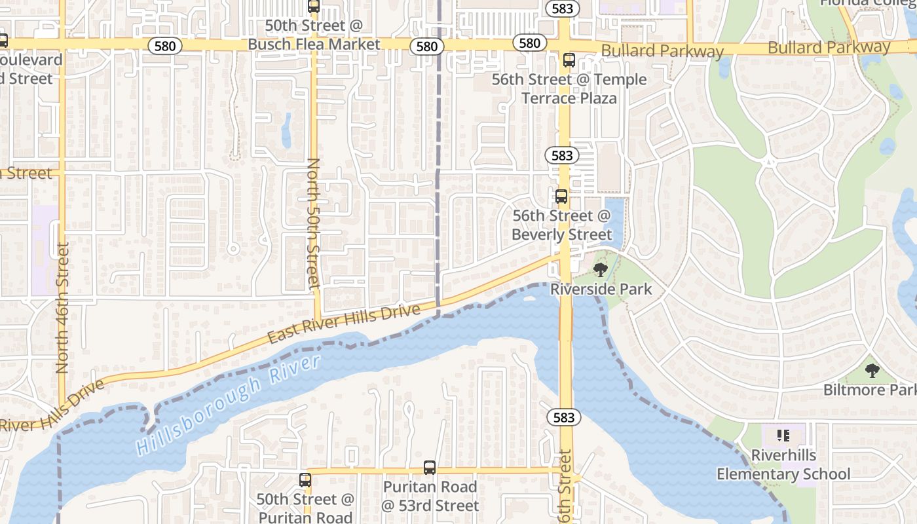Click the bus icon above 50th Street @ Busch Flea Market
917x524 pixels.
314,7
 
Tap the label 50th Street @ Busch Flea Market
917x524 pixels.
314,35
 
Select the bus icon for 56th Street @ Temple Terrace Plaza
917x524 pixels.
569,60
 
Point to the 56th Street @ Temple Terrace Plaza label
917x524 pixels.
569,89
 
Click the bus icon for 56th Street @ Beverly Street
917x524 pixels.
561,196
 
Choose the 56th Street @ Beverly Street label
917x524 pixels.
561,225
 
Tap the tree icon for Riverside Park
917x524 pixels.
600,269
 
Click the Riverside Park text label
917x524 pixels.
601,289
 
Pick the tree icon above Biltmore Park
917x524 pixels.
871,371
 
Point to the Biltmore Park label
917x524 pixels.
869,390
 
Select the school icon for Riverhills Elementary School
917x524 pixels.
783,436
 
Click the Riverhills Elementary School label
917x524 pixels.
783,464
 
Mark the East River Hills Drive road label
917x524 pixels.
343,324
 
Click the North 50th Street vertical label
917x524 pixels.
314,223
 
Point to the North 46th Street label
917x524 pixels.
63,308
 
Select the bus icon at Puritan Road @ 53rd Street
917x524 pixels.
430,468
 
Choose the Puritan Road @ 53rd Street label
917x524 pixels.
430,496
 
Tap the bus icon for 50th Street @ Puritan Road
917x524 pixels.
305,479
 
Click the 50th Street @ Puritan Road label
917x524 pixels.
305,508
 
